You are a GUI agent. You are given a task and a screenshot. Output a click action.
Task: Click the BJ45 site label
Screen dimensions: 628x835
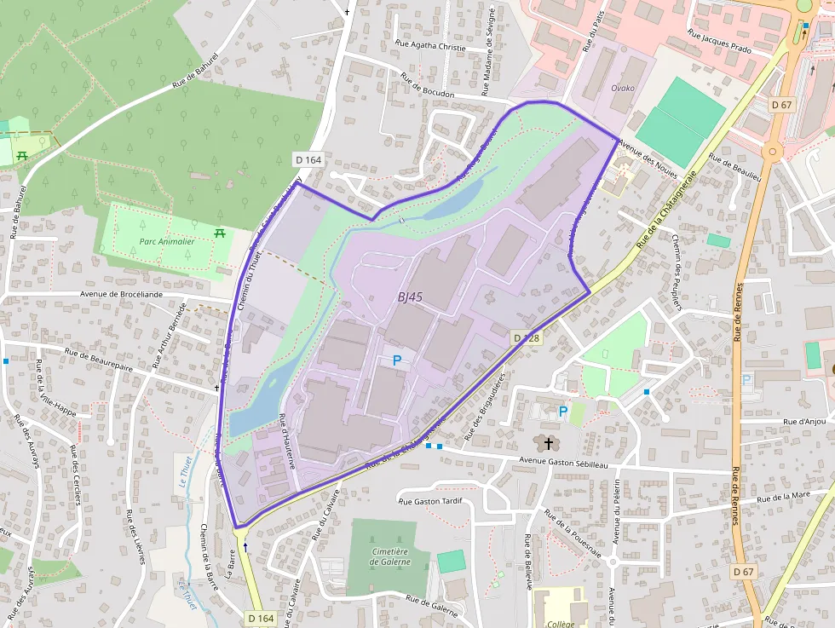tap(410, 297)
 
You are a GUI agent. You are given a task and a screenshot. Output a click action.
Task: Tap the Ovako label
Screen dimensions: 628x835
tap(623, 89)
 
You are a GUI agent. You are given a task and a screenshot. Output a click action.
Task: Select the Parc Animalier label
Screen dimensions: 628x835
tap(166, 242)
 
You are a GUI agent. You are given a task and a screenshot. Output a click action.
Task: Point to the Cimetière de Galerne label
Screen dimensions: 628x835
tap(391, 556)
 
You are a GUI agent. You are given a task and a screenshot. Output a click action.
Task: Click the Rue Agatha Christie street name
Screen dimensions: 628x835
tap(431, 46)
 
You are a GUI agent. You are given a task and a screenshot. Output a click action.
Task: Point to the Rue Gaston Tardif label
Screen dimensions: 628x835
tap(430, 501)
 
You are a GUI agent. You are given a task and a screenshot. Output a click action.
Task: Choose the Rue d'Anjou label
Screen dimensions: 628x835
tap(806, 421)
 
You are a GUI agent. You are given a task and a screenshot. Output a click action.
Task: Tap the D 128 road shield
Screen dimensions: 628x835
tap(527, 338)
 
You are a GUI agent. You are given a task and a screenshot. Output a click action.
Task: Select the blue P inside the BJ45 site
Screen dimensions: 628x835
tap(396, 360)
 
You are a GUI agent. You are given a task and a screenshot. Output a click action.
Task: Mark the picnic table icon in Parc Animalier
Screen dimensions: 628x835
tap(220, 233)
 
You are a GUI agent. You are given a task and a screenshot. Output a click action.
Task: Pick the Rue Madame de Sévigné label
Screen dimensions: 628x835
tap(489, 47)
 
